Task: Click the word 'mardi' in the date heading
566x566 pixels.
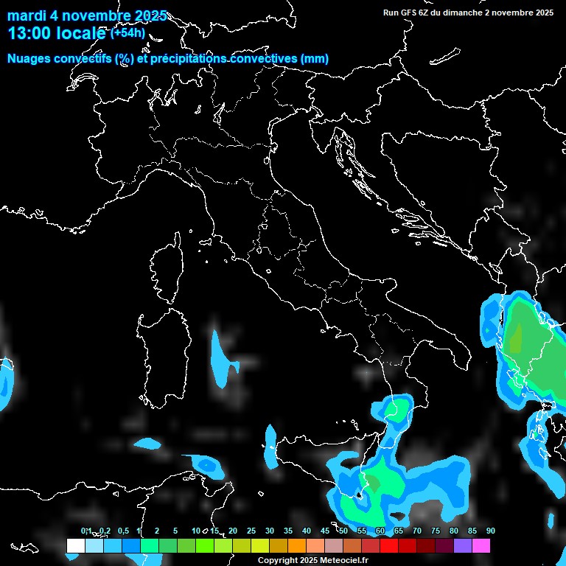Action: click(x=27, y=15)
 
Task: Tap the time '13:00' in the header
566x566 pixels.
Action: click(x=29, y=33)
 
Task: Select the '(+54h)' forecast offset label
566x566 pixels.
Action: click(x=127, y=32)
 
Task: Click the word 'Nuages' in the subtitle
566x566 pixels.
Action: click(x=29, y=59)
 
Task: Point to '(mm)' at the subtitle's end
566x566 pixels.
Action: click(x=315, y=59)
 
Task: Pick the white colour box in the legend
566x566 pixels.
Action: click(x=75, y=545)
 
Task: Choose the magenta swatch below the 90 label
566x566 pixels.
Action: click(x=481, y=545)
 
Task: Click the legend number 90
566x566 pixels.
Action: click(x=490, y=531)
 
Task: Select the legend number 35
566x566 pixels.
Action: click(x=288, y=531)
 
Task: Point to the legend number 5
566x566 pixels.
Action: click(x=175, y=531)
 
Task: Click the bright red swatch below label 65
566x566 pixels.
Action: click(x=388, y=545)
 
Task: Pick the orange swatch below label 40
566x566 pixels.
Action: click(x=296, y=545)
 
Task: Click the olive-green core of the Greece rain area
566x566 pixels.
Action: click(x=517, y=338)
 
